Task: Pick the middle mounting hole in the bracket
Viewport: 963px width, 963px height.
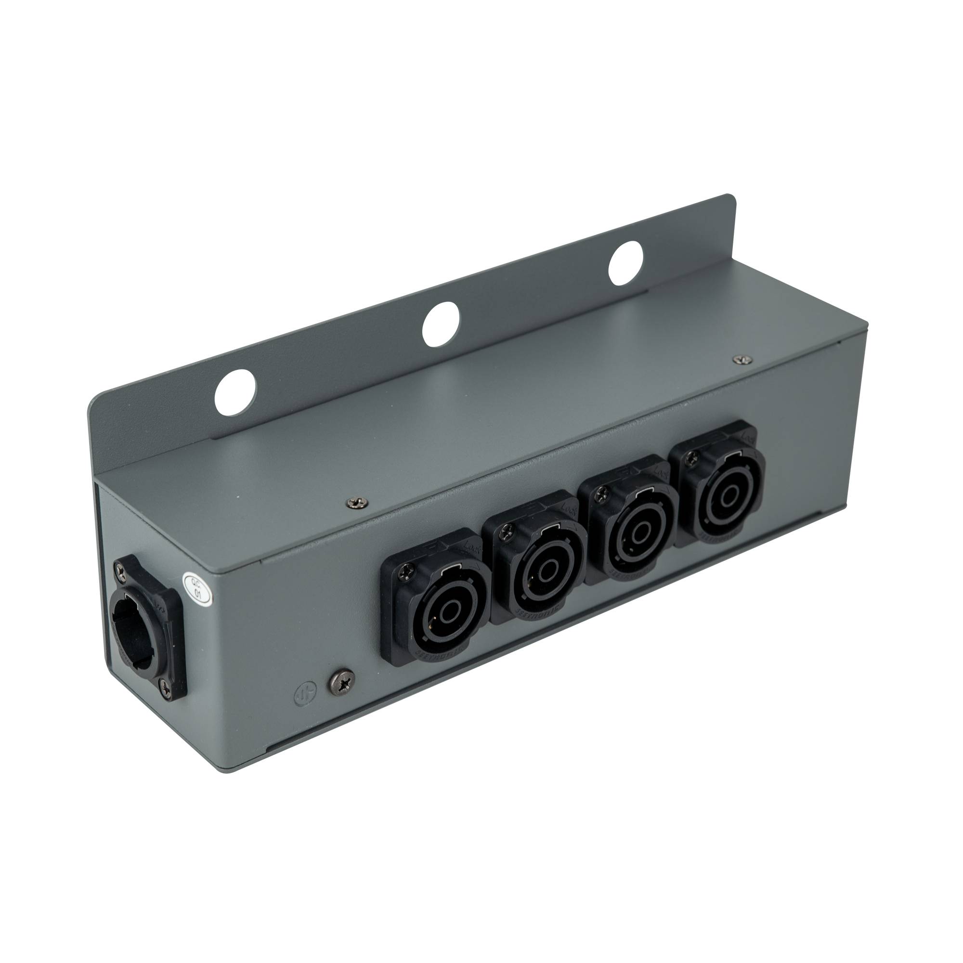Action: (x=440, y=324)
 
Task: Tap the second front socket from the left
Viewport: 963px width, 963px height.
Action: (x=540, y=571)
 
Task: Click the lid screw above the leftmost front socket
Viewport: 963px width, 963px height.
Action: (x=356, y=502)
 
